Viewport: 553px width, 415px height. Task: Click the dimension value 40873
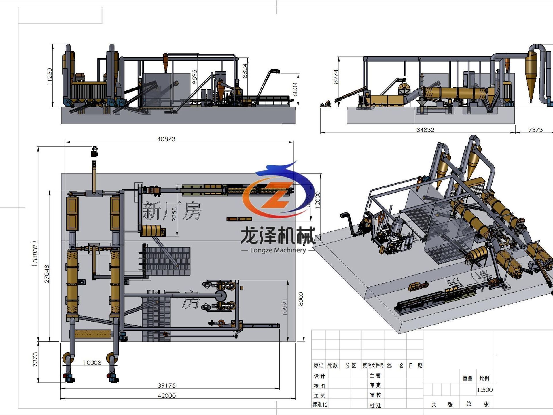tap(166, 139)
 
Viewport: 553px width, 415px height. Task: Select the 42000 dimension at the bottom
tap(166, 395)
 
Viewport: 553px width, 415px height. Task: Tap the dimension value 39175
tap(166, 385)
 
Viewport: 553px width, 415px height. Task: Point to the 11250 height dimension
tap(50, 76)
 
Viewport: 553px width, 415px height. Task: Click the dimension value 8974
tap(336, 77)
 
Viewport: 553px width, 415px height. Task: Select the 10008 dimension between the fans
tap(92, 363)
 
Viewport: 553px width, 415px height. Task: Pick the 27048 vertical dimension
tap(47, 274)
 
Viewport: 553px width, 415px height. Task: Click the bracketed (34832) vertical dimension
tap(35, 254)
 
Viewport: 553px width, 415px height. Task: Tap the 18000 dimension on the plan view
tap(301, 301)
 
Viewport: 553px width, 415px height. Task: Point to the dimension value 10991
tap(285, 307)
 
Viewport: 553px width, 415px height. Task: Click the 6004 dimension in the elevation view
tap(295, 89)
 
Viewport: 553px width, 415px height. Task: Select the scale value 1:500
tap(484, 390)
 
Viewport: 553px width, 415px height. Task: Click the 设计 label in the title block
tap(319, 376)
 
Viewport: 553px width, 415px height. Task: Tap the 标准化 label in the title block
tap(319, 404)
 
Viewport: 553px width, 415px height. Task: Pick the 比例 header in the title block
tap(484, 378)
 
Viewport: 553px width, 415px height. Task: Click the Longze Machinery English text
tap(278, 250)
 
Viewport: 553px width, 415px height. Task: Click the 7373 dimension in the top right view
tap(535, 130)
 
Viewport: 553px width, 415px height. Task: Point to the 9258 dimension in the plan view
tap(174, 214)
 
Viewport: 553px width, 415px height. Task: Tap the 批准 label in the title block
tap(375, 405)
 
